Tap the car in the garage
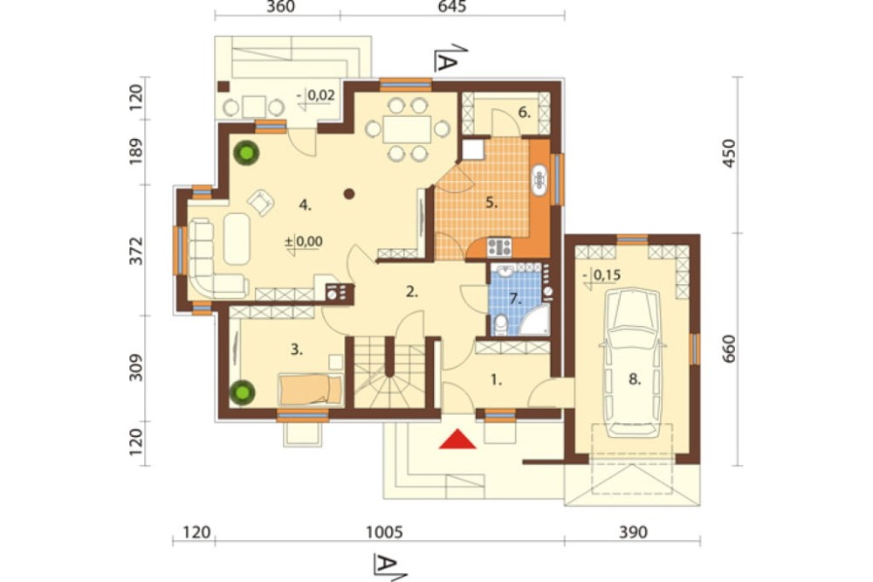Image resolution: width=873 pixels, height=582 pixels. pyautogui.click(x=634, y=363)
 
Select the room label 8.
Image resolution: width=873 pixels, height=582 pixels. pyautogui.click(x=635, y=379)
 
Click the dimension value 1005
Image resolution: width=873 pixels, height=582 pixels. pyautogui.click(x=384, y=532)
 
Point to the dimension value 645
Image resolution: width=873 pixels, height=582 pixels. pyautogui.click(x=451, y=7)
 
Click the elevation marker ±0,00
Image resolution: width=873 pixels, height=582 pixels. pyautogui.click(x=304, y=242)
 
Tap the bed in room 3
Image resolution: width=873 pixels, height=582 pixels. pyautogui.click(x=310, y=389)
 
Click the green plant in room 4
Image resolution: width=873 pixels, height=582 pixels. pyautogui.click(x=246, y=153)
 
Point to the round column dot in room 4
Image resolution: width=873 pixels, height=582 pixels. pyautogui.click(x=349, y=194)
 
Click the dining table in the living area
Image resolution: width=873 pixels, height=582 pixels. pyautogui.click(x=407, y=129)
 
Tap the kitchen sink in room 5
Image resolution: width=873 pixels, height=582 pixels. pyautogui.click(x=540, y=179)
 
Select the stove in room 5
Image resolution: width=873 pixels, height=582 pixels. pyautogui.click(x=499, y=246)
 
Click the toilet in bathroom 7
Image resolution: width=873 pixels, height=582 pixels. pyautogui.click(x=502, y=325)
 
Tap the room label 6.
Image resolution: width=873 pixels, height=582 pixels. pyautogui.click(x=525, y=113)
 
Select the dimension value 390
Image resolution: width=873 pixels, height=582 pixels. pyautogui.click(x=634, y=532)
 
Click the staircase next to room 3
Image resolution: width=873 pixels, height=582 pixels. pyautogui.click(x=389, y=372)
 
